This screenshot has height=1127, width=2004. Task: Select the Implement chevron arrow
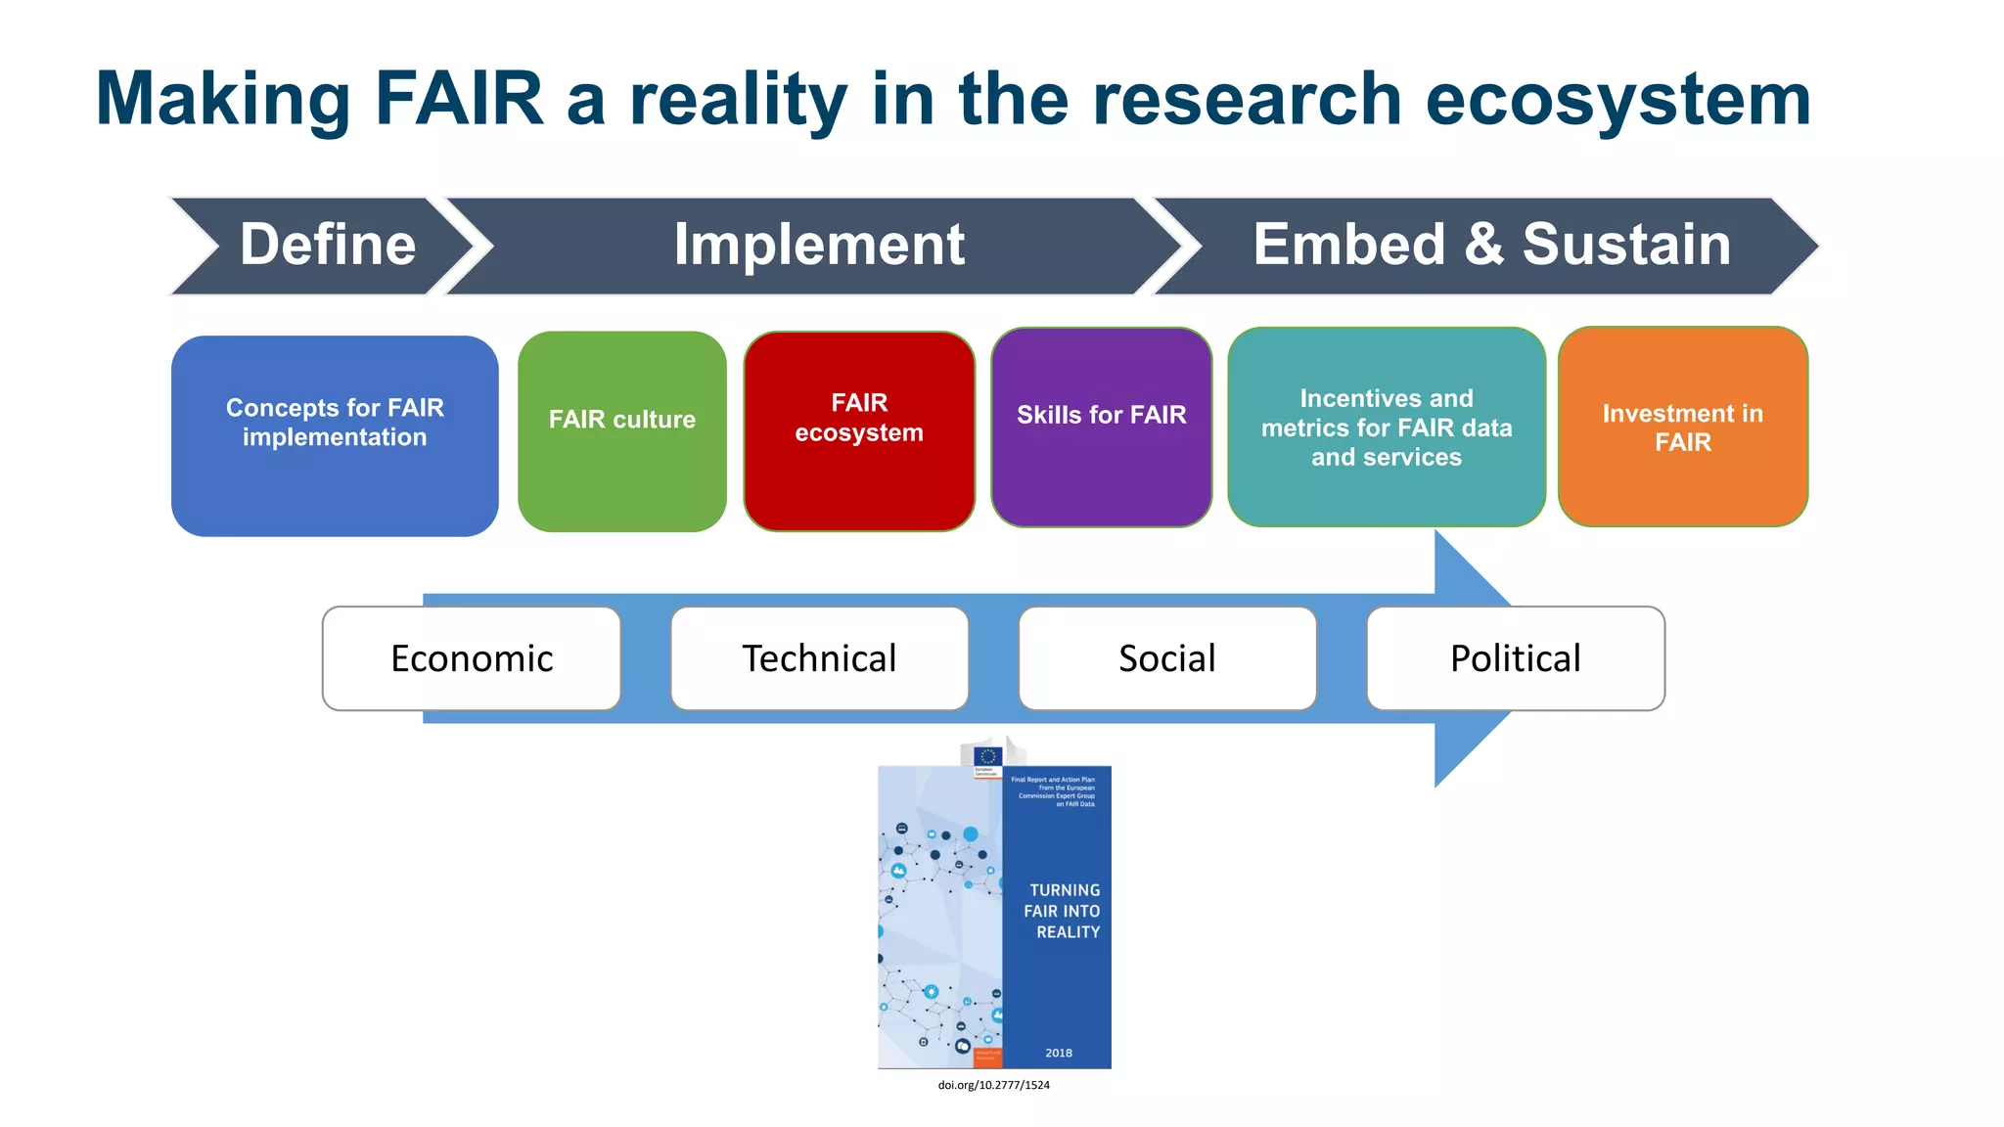[x=818, y=246]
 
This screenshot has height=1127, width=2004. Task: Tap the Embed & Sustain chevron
[x=1491, y=246]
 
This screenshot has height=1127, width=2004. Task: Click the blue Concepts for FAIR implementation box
[x=335, y=436]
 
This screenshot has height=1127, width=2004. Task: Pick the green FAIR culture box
[x=622, y=431]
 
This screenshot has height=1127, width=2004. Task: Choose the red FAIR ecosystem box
[x=859, y=431]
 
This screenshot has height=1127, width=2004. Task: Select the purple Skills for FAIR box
[x=1102, y=428]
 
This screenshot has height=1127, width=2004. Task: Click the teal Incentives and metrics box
[x=1387, y=428]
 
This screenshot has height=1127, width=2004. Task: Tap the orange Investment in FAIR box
[x=1683, y=428]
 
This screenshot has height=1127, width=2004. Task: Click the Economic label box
[x=472, y=658]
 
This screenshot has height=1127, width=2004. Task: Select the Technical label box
[x=820, y=658]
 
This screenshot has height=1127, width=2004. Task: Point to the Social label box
[x=1167, y=658]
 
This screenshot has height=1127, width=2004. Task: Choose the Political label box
[x=1516, y=658]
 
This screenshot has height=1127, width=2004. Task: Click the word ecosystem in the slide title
[x=1618, y=101]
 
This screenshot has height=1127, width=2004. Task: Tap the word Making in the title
[x=223, y=101]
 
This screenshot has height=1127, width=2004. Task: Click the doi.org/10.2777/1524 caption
[x=993, y=1085]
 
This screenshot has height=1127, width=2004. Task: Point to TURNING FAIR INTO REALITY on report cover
[x=1064, y=911]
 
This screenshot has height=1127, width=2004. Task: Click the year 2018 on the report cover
[x=1059, y=1053]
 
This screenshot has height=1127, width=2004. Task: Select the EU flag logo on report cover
[x=987, y=756]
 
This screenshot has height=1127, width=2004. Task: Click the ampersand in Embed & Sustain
[x=1483, y=245]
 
